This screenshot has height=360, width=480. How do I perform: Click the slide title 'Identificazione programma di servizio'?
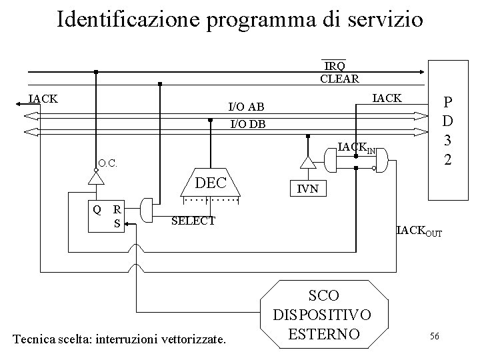pos(240,19)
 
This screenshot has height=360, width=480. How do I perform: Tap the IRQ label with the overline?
pos(335,65)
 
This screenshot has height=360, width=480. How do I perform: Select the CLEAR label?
pos(339,79)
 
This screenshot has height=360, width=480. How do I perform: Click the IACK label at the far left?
pos(43,99)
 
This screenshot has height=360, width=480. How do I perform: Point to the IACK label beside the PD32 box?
pos(387,99)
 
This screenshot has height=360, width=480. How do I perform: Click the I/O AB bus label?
pos(246,107)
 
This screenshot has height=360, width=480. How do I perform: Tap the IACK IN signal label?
pos(357,147)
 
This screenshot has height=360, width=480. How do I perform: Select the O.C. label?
pos(108,163)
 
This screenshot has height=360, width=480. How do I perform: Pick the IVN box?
pos(307,190)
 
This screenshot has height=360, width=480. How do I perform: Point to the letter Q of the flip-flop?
pos(97,209)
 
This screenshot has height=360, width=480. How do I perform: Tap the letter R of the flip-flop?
pos(117,209)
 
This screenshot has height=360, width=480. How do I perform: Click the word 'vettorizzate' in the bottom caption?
pos(195,340)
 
